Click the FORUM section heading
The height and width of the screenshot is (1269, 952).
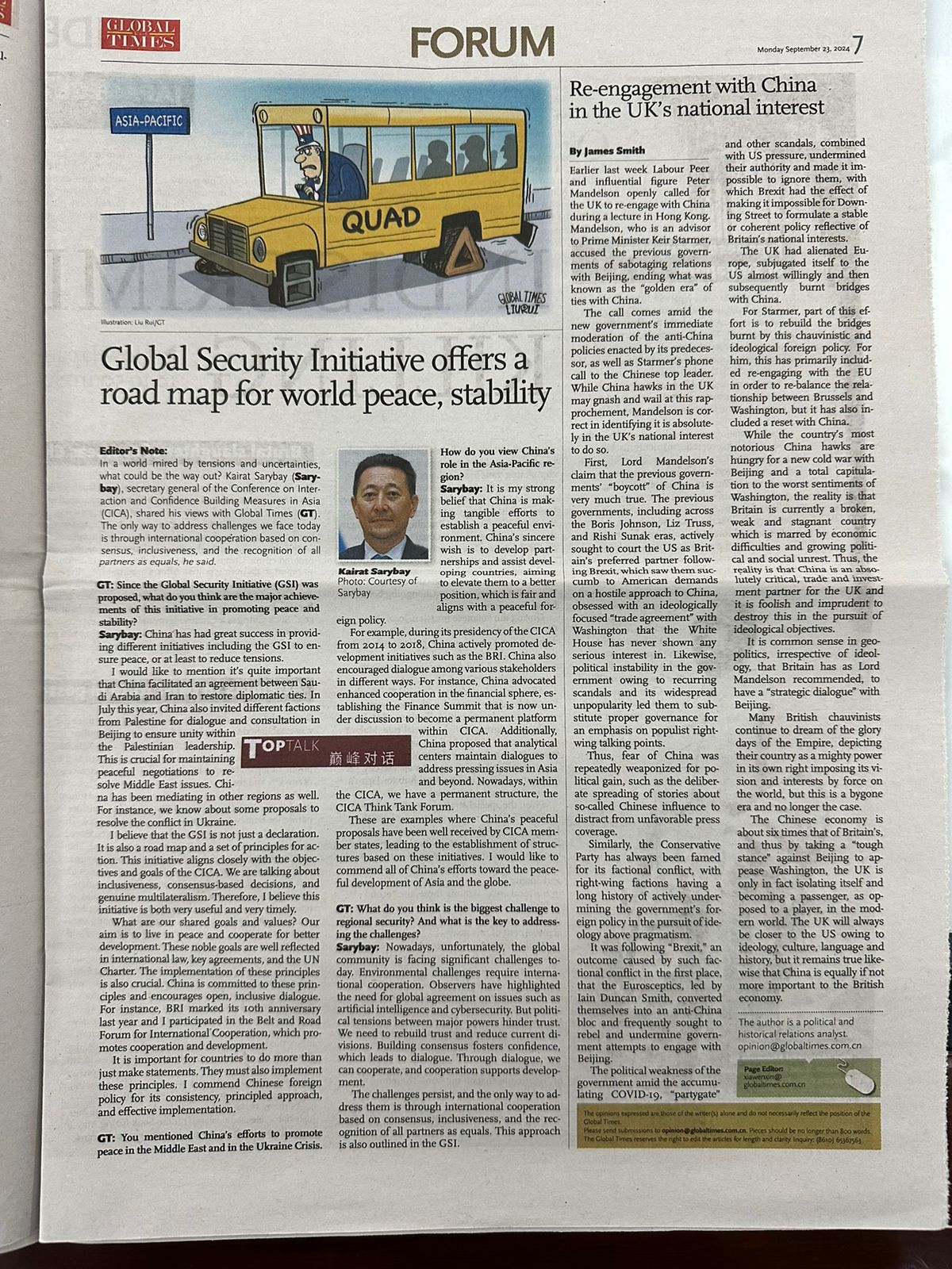[x=482, y=41]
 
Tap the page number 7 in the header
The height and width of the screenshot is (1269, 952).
[x=858, y=45]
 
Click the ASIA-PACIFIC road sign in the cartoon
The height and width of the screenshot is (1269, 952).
[x=149, y=121]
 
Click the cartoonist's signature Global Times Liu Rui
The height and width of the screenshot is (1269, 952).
[x=516, y=301]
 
